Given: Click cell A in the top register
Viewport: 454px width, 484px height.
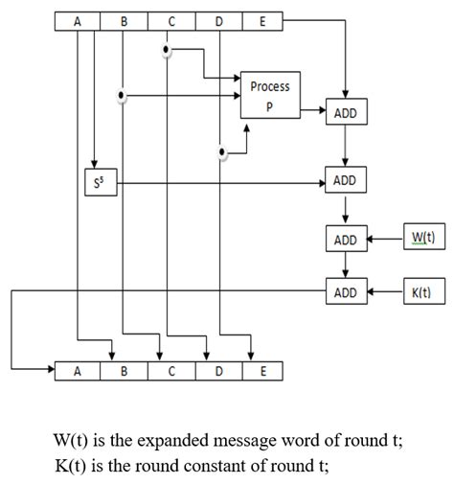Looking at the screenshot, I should [x=79, y=21].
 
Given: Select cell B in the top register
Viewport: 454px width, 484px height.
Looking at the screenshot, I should [x=125, y=21].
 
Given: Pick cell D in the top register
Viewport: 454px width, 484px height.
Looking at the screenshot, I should [x=219, y=21].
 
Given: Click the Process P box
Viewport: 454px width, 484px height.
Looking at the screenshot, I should [x=269, y=97].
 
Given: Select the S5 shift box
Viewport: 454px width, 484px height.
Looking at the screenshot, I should [x=97, y=183].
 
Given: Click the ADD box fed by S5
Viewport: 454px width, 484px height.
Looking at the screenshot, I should [x=345, y=181].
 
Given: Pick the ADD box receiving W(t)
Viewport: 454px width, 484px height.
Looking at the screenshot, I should [x=345, y=240].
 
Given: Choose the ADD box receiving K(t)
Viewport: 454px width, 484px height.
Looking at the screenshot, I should [x=345, y=292].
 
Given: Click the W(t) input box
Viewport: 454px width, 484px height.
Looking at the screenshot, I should [x=422, y=238].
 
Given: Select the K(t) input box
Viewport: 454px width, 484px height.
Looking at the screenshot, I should [x=422, y=292].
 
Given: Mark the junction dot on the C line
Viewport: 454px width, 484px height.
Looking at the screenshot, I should [x=167, y=50].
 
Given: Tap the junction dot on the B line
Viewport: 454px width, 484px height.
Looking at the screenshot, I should [x=121, y=95].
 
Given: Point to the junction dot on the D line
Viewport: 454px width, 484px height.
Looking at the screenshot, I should [x=222, y=150].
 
